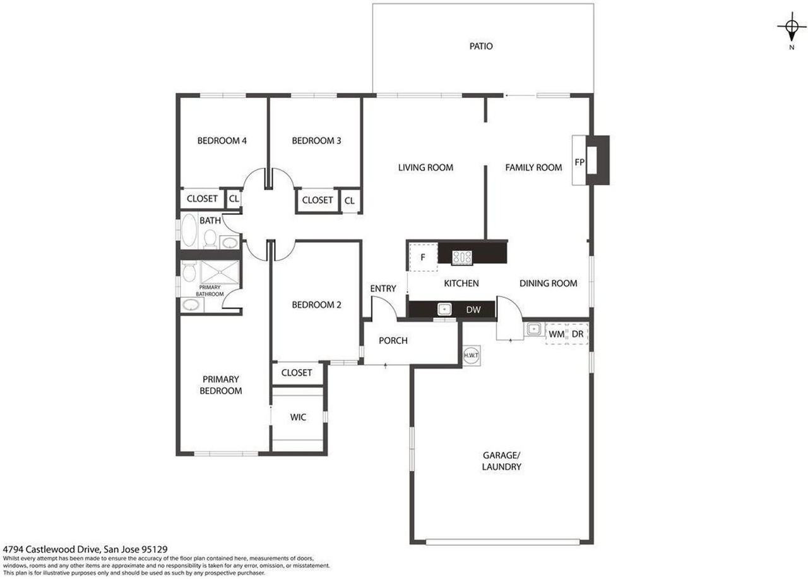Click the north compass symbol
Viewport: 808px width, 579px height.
(791, 27)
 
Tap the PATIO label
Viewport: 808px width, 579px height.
(481, 46)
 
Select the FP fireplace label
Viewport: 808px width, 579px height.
(579, 162)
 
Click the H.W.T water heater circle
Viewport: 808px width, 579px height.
(471, 355)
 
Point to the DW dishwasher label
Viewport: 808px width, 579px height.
(473, 310)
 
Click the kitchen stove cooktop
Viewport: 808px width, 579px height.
(462, 257)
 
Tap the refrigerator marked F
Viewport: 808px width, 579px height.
(423, 257)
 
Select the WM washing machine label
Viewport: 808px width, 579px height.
(556, 334)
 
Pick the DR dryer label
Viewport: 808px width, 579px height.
(578, 334)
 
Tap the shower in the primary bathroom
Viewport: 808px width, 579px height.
(217, 274)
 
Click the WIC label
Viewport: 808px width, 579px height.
(298, 418)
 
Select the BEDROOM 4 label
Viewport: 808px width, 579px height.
(222, 141)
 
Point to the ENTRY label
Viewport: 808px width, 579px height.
(383, 289)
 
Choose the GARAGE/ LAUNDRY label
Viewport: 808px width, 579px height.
(502, 461)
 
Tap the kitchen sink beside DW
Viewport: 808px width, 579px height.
(445, 309)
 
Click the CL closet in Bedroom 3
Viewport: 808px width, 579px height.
(349, 200)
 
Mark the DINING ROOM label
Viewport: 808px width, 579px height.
(548, 283)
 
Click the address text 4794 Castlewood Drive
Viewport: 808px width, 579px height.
(85, 551)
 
